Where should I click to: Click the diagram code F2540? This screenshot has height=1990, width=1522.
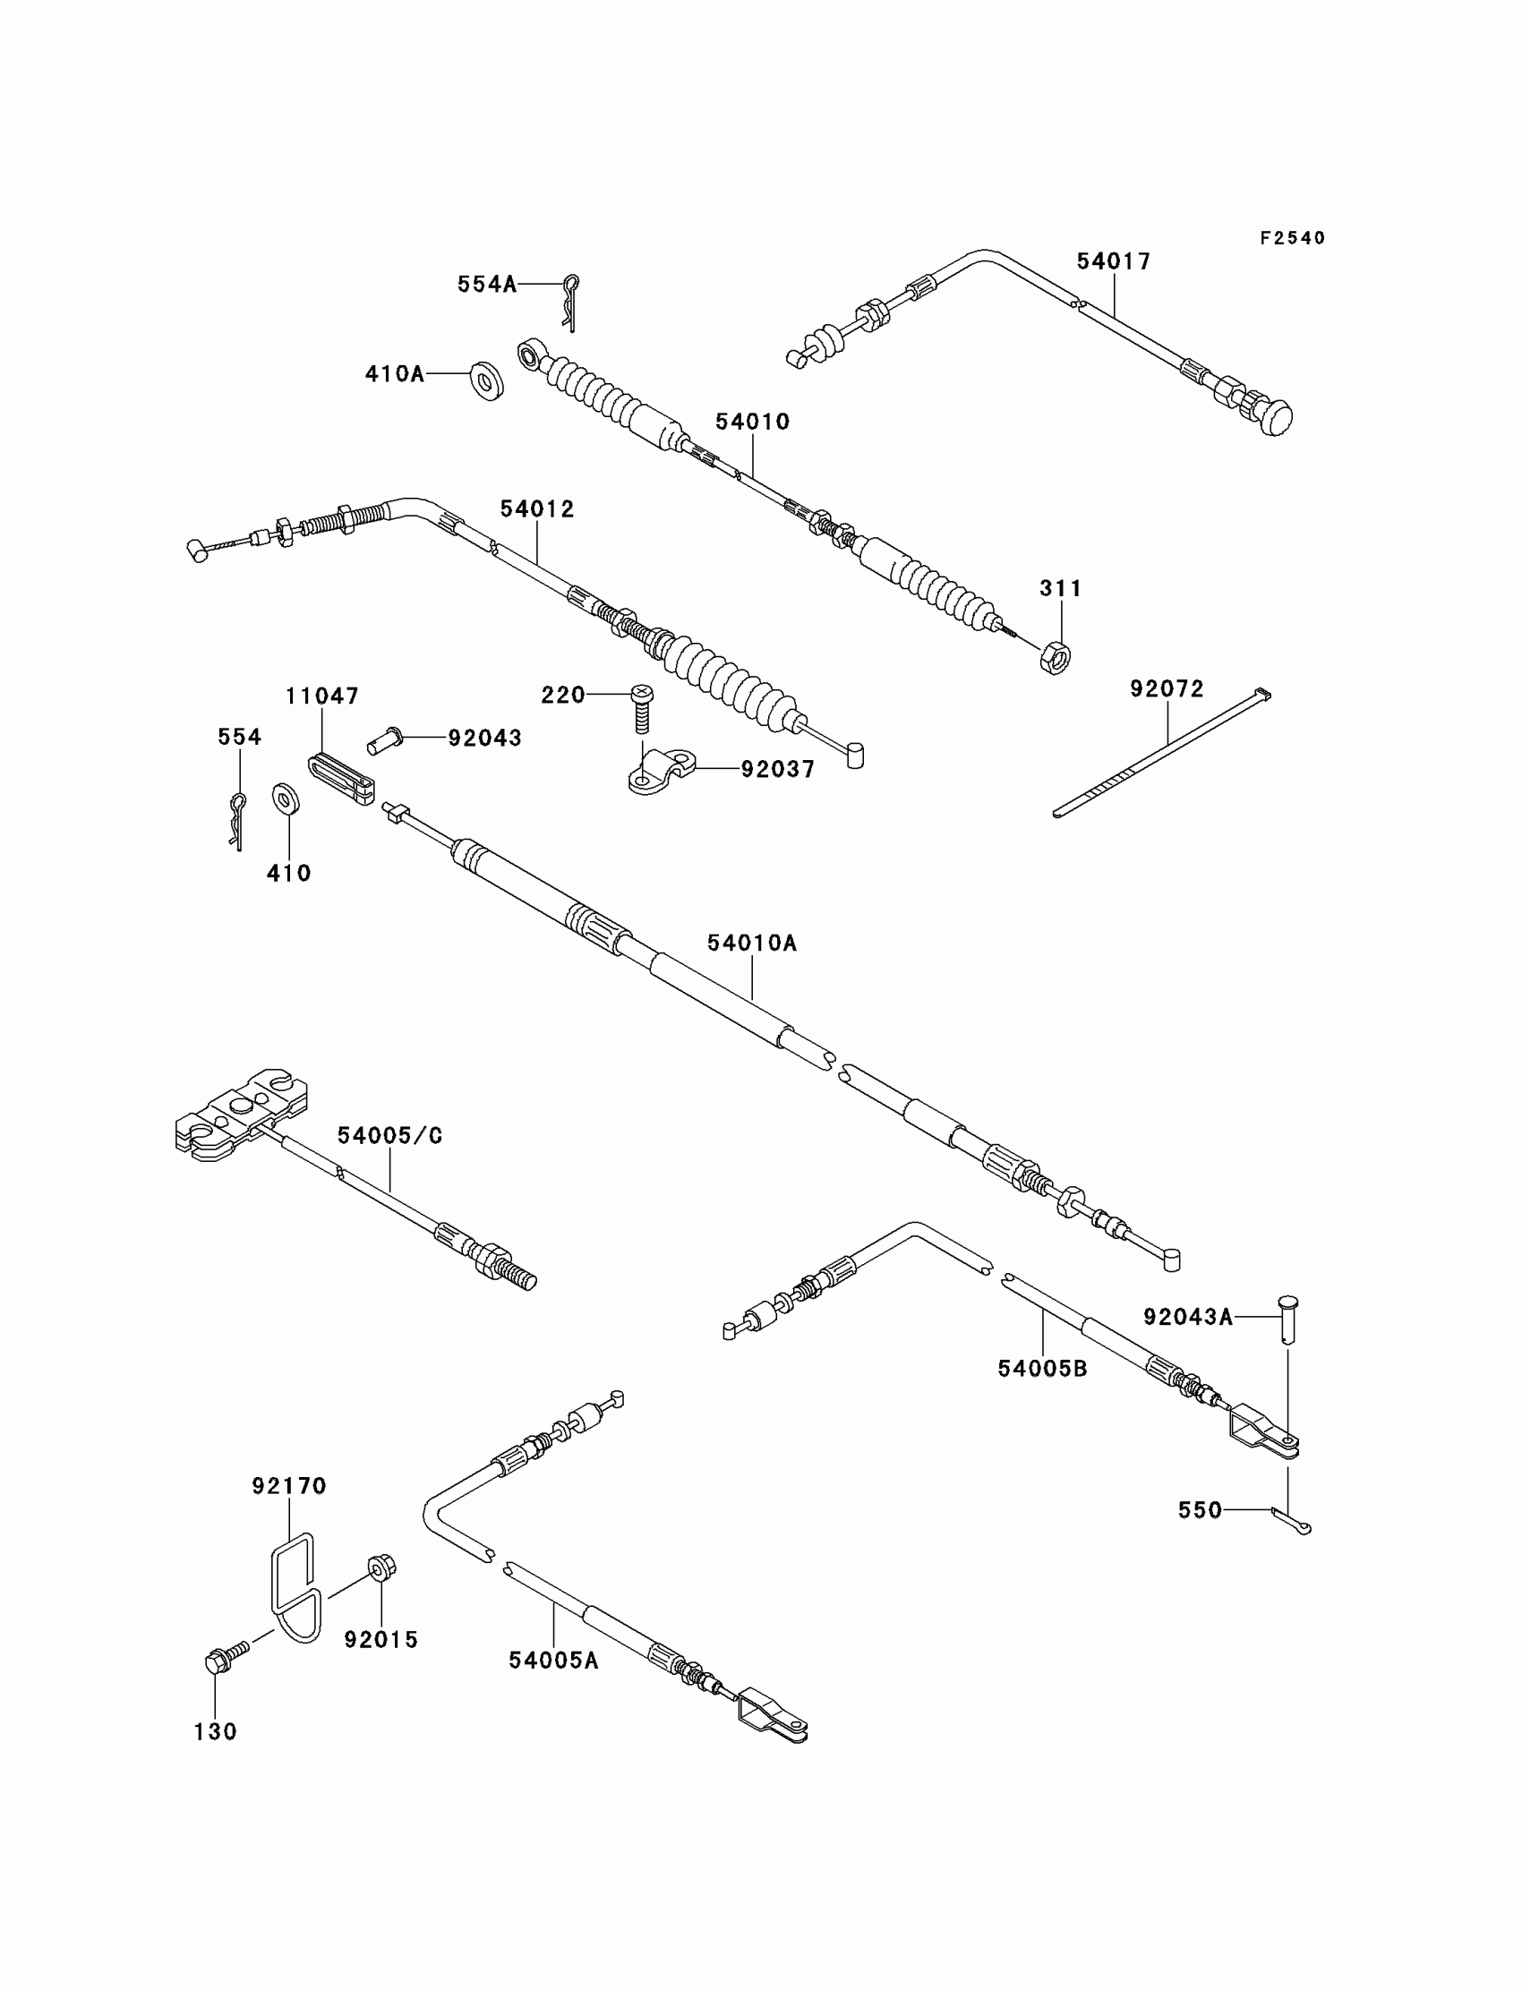(x=1292, y=238)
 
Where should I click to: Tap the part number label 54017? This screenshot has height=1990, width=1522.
(x=1114, y=261)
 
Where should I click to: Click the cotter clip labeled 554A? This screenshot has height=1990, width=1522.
(x=571, y=302)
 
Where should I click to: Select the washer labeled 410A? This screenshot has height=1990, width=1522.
(x=487, y=380)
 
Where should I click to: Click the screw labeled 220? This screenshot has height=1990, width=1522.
(x=642, y=709)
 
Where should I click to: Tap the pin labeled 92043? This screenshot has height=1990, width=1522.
(x=385, y=740)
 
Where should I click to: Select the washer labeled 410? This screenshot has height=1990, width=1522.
(x=287, y=798)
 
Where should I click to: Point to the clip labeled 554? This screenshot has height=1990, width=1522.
(x=237, y=820)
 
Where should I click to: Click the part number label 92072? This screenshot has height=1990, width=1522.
(x=1167, y=689)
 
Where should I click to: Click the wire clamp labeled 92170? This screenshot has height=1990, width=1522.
(x=295, y=1586)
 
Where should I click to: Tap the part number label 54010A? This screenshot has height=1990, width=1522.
(x=752, y=944)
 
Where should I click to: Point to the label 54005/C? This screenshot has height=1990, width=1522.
(x=389, y=1136)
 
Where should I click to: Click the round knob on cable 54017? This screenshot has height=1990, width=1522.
(x=1275, y=417)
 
